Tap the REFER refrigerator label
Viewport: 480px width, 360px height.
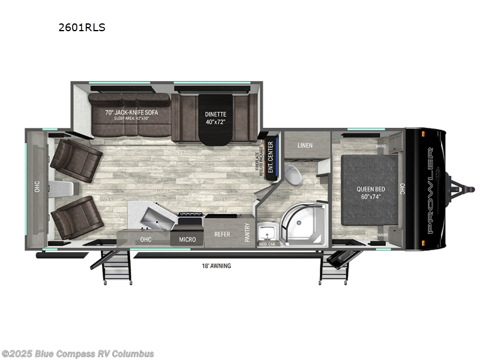[223, 235]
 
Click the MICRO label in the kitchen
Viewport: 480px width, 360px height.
[187, 239]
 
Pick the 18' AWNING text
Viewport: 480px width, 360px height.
[217, 266]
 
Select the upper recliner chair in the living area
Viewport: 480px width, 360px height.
[76, 160]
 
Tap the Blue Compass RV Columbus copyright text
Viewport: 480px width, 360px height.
[78, 353]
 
